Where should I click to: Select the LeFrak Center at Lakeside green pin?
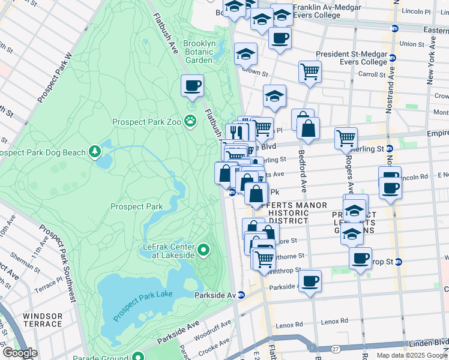(203, 250)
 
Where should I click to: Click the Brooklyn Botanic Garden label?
(199, 52)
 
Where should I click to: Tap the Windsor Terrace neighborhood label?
(42, 320)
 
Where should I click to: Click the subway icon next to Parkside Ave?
(241, 295)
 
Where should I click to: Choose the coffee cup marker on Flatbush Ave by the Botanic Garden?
(192, 85)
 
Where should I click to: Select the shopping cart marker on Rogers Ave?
(346, 138)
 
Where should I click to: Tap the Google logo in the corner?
(19, 353)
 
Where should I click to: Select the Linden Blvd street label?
(424, 342)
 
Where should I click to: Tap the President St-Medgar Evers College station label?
(352, 58)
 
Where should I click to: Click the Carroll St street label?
(370, 75)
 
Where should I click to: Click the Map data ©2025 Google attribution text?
(412, 355)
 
